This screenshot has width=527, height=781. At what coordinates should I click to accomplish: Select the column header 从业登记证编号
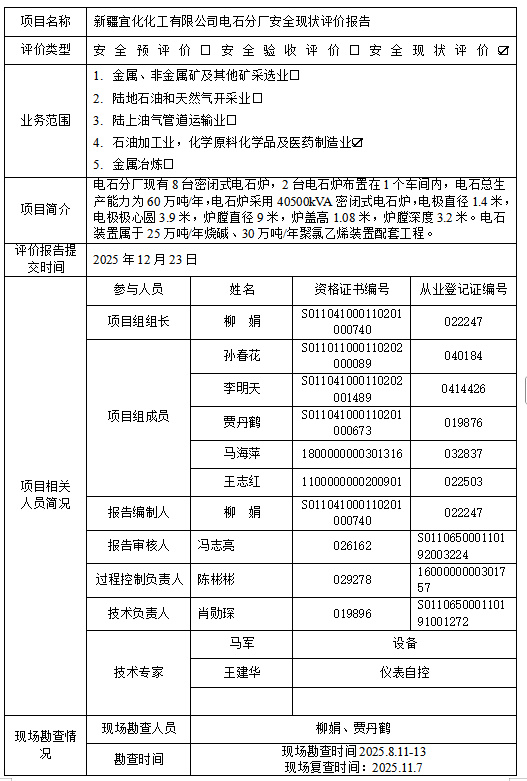point(463,289)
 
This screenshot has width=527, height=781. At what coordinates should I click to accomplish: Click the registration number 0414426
point(463,388)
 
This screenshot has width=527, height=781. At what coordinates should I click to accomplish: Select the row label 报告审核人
point(139,546)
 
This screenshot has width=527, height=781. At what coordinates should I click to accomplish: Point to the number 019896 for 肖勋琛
point(352,613)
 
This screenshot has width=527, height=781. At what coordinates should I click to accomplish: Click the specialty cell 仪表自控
point(404,672)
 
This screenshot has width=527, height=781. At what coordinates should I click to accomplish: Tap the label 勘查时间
point(139,759)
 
